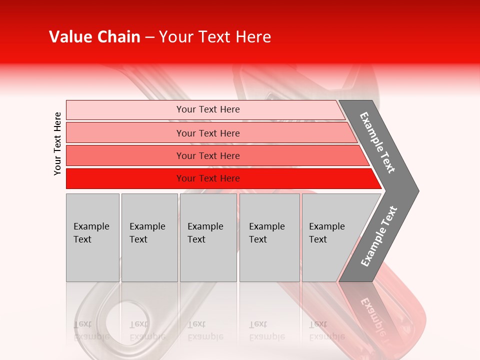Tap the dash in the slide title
pyautogui.click(x=149, y=37)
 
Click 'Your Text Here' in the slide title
pyautogui.click(x=215, y=37)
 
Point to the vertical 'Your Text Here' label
pyautogui.click(x=57, y=143)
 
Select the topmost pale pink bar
pyautogui.click(x=205, y=109)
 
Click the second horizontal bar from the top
pyautogui.click(x=210, y=133)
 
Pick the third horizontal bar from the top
pyautogui.click(x=215, y=155)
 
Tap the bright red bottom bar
pyautogui.click(x=220, y=178)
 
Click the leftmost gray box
pyautogui.click(x=92, y=237)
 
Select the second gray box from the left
pyautogui.click(x=149, y=237)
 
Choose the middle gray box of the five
pyautogui.click(x=208, y=237)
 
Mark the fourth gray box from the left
pyautogui.click(x=269, y=237)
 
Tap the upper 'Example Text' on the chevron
pyautogui.click(x=377, y=142)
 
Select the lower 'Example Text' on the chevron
pyautogui.click(x=379, y=236)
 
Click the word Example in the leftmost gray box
pyautogui.click(x=91, y=226)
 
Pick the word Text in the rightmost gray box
pyautogui.click(x=317, y=239)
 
